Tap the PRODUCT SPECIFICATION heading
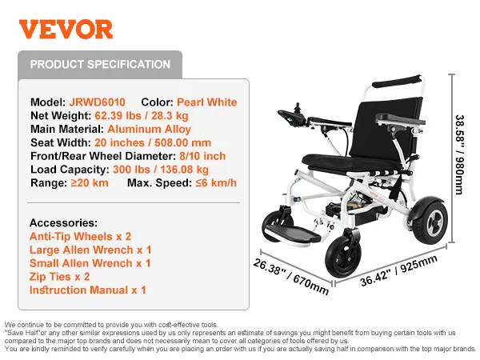pyautogui.click(x=100, y=64)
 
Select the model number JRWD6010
pyautogui.click(x=98, y=102)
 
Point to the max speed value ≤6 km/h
pyautogui.click(x=215, y=183)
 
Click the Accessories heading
pyautogui.click(x=63, y=222)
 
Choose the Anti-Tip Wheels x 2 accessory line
pyautogui.click(x=80, y=236)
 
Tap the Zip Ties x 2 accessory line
pyautogui.click(x=60, y=276)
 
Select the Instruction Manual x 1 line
pyautogui.click(x=88, y=290)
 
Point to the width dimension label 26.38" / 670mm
pyautogui.click(x=291, y=275)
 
